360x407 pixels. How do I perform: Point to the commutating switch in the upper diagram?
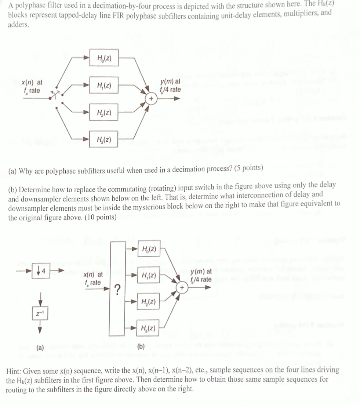[57, 95]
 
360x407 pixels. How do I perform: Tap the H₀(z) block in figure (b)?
[149, 250]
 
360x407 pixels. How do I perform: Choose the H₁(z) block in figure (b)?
[149, 276]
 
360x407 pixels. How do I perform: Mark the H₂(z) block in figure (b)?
[149, 302]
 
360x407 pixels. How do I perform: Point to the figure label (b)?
[141, 346]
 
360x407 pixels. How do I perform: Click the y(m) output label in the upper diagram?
[170, 86]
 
